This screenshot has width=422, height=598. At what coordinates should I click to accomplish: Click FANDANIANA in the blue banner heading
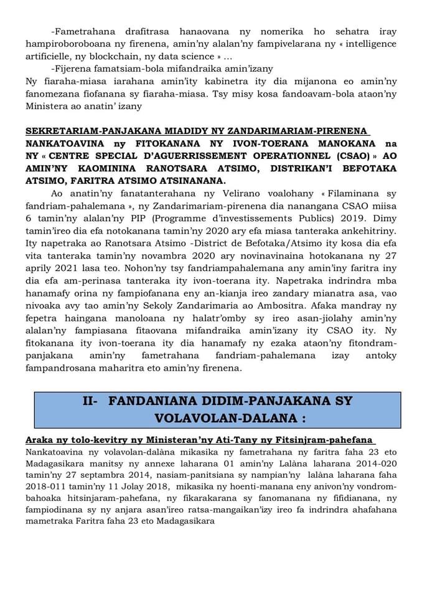click(153, 401)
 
